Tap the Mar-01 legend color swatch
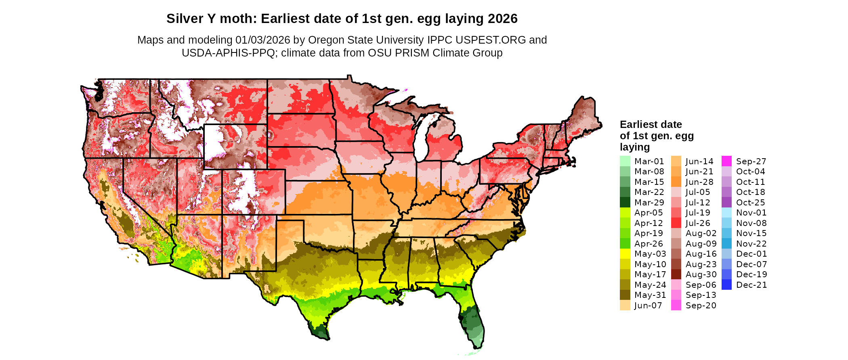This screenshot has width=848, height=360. (x=625, y=161)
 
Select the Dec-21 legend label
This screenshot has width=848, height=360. (x=751, y=285)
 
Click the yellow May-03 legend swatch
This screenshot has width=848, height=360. (x=625, y=254)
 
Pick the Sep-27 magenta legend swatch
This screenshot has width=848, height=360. (x=726, y=161)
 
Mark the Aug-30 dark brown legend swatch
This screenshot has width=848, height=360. (x=676, y=274)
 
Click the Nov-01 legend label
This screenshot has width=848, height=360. (x=751, y=213)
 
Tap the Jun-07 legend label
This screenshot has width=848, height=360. (x=648, y=306)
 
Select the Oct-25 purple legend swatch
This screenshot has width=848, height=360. (x=726, y=202)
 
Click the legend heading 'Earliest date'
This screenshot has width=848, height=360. (x=651, y=124)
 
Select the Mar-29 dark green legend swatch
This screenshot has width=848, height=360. (x=625, y=202)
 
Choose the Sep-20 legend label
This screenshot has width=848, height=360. (x=701, y=306)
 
